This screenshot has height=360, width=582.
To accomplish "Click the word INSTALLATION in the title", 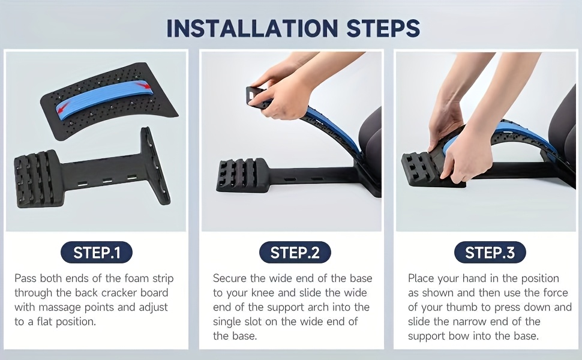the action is pos(252,28).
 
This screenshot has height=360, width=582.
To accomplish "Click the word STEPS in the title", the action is pos(383,28).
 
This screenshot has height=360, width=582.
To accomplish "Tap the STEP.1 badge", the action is pos(97,253).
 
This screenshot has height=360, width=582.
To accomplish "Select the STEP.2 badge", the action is pos(295,253).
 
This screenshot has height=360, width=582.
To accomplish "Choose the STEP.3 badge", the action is pos(490,253).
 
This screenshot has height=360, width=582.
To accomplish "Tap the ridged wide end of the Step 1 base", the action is pos(35,178).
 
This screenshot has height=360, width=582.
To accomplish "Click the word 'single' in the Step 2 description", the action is pos(227,322).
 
